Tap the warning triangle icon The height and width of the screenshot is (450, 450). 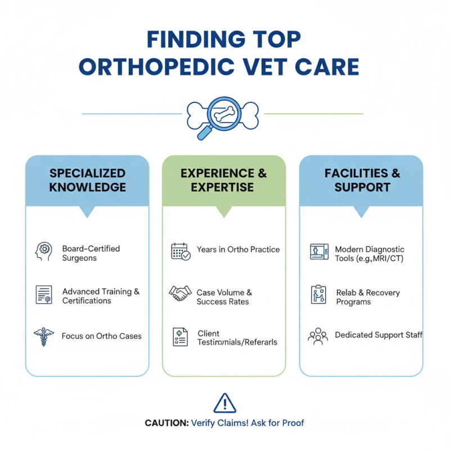[x=224, y=403]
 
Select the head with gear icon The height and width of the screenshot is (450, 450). [x=44, y=251]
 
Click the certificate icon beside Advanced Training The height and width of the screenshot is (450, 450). [x=44, y=295]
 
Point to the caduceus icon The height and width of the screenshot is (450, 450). [x=44, y=336]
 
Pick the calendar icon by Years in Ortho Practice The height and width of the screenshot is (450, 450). [x=181, y=251]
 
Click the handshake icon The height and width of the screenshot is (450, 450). [x=181, y=293]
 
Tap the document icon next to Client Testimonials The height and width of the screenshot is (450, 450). [x=181, y=337]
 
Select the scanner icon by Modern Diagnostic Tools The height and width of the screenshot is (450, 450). [x=318, y=251]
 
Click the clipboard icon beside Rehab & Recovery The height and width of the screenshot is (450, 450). [x=318, y=295]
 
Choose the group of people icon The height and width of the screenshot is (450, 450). [x=318, y=336]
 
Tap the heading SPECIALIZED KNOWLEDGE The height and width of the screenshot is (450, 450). [x=87, y=180]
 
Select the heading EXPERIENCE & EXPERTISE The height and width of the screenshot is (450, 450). [x=224, y=180]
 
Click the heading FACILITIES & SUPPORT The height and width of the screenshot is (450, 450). [x=362, y=180]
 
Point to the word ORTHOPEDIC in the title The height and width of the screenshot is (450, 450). [x=156, y=67]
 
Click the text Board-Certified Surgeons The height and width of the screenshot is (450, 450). [x=91, y=253]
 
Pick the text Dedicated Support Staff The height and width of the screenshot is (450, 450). [x=379, y=335]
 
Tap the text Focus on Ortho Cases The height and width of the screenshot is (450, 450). [x=102, y=336]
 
